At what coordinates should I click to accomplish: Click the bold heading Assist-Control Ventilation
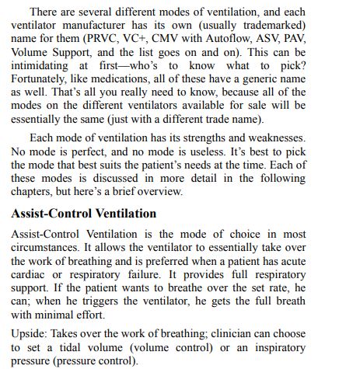[x=84, y=213]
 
